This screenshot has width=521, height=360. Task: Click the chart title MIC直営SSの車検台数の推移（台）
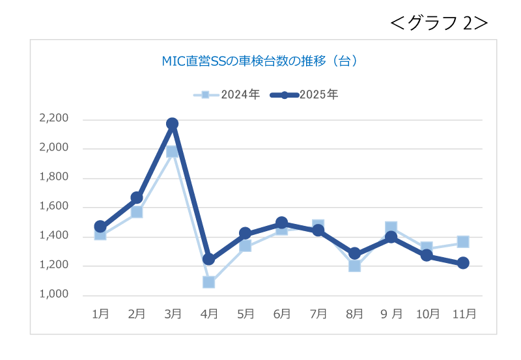pos(259,62)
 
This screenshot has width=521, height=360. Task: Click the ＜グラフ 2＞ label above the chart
pos(439,23)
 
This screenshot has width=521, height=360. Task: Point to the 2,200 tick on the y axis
pos(54,118)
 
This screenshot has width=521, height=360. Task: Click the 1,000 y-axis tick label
pos(54,294)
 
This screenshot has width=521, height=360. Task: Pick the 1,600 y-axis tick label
pos(54,206)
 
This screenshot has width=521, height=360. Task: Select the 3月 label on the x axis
pos(173,314)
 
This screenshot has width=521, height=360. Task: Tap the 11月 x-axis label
pos(464,314)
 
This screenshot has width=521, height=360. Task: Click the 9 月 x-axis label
pos(391,314)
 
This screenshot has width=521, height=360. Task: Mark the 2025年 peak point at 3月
pos(173,124)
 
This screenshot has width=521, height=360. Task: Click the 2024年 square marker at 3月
pos(173,151)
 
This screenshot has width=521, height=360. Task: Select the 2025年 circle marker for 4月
pos(209,259)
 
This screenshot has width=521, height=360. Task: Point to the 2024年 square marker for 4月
pos(209,282)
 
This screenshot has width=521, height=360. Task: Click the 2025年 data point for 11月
pos(463,263)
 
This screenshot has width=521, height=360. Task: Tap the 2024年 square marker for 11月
pos(463,242)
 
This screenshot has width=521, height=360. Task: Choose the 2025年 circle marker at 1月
pos(100,227)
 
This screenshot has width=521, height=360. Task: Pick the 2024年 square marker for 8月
pos(354,265)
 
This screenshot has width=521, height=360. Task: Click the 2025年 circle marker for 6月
pos(282,223)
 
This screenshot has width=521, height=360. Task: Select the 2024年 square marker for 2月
pos(137,212)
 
